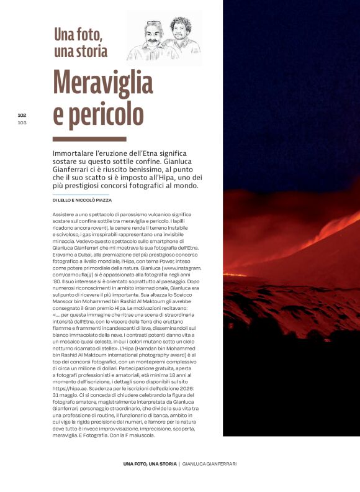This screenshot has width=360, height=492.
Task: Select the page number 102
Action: coord(22,115)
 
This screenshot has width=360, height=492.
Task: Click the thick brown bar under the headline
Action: coord(89,139)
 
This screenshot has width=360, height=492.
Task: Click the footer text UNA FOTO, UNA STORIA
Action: coord(150,464)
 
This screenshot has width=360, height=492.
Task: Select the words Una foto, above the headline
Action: coord(79,32)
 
